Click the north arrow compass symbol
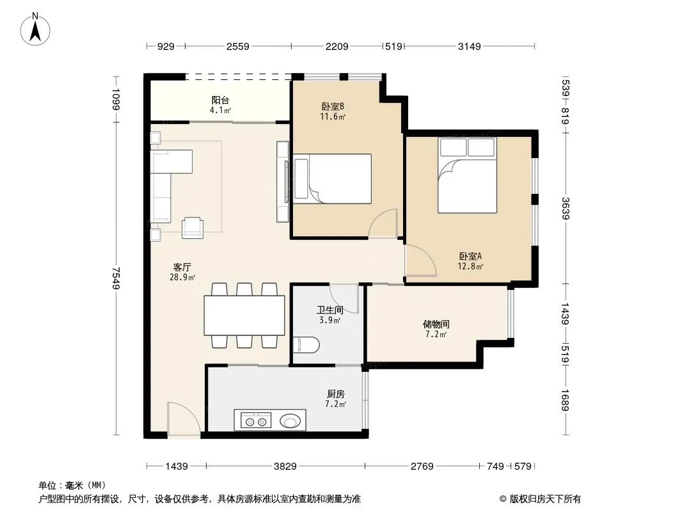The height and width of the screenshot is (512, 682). click(35, 29)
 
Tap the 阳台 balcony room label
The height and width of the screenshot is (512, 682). click(220, 100)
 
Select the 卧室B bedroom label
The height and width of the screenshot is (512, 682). click(333, 107)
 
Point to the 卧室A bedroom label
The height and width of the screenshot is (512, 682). click(470, 256)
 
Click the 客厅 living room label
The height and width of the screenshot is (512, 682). click(182, 267)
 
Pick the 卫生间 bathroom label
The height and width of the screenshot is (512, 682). click(329, 310)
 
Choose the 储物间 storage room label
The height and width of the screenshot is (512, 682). click(436, 324)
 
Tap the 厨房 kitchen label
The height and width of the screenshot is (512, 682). click(336, 394)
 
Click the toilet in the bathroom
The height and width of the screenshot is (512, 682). click(306, 345)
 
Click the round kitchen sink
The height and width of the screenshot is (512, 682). click(290, 420)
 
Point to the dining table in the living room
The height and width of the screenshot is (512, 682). click(244, 316)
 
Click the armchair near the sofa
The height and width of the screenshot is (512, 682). click(192, 227)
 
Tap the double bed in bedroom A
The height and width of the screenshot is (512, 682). click(467, 175)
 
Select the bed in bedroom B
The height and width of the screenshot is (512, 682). click(333, 179)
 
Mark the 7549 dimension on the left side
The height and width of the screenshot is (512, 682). click(116, 278)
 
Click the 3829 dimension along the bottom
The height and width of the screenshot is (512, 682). click(285, 467)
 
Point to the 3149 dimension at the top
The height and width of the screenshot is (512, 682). click(470, 46)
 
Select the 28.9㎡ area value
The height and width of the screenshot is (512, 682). click(182, 277)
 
